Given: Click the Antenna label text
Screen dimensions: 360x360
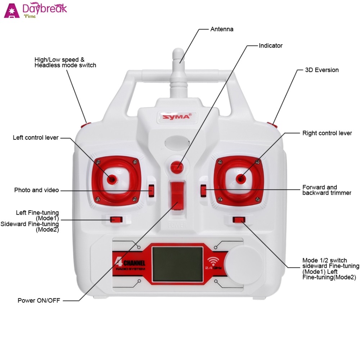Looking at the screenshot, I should click(x=222, y=29).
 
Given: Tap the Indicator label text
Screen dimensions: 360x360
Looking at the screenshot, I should click(x=271, y=46).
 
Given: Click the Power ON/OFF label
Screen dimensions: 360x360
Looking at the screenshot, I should click(x=39, y=300).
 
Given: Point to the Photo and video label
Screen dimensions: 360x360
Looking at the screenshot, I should click(x=36, y=190).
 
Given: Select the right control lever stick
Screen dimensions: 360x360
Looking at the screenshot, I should click(x=240, y=177).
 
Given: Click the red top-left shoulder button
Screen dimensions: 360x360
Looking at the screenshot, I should click(x=86, y=125).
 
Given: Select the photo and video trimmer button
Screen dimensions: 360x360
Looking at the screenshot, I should click(x=151, y=190).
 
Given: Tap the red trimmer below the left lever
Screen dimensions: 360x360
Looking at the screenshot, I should click(x=116, y=219).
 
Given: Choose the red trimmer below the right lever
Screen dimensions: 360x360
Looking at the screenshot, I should click(x=239, y=220).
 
